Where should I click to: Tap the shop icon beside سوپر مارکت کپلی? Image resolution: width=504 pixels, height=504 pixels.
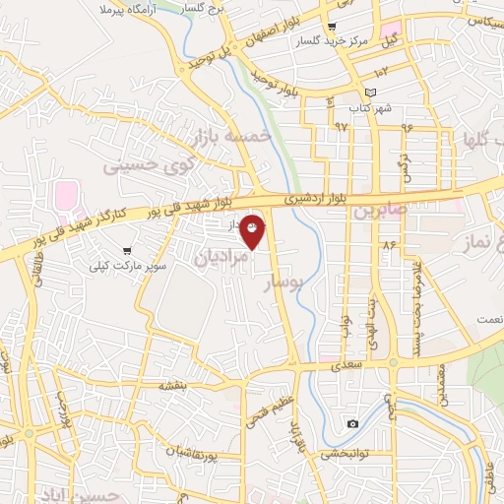pos(129,251)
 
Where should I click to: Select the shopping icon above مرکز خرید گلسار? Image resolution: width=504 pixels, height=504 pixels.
pos(333,27)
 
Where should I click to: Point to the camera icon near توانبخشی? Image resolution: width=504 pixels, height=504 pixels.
pos(352,424)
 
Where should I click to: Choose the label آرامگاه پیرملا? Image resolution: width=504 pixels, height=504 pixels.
pos(130,8)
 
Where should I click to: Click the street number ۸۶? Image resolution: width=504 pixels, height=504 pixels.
pos(389,244)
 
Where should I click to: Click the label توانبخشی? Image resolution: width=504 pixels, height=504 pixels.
pos(346,455)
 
